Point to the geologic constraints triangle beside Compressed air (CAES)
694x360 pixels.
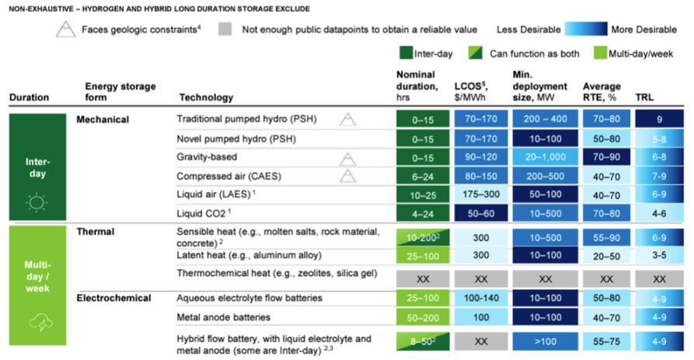coord(348,175)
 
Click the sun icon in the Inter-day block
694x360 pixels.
coord(37,204)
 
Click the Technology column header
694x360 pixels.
coord(206,98)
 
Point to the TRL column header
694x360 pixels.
coord(644,98)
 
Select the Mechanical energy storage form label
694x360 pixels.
coord(103,120)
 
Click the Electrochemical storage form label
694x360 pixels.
coord(114,299)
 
